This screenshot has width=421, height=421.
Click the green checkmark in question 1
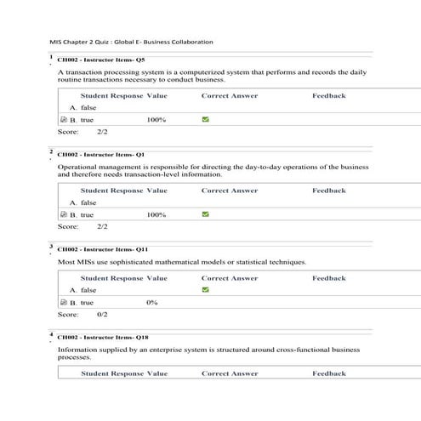tap(205, 120)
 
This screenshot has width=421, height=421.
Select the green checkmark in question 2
tap(205, 214)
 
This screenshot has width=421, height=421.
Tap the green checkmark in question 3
tap(205, 290)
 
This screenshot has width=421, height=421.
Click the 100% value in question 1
tap(156, 121)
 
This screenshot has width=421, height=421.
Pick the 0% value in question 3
tap(152, 303)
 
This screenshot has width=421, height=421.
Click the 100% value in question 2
tap(156, 215)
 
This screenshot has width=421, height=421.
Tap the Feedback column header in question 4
tap(328, 373)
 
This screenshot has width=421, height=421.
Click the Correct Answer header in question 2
tap(230, 191)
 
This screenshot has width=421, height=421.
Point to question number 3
tap(51, 247)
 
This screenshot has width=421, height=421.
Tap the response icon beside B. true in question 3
tap(64, 303)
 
